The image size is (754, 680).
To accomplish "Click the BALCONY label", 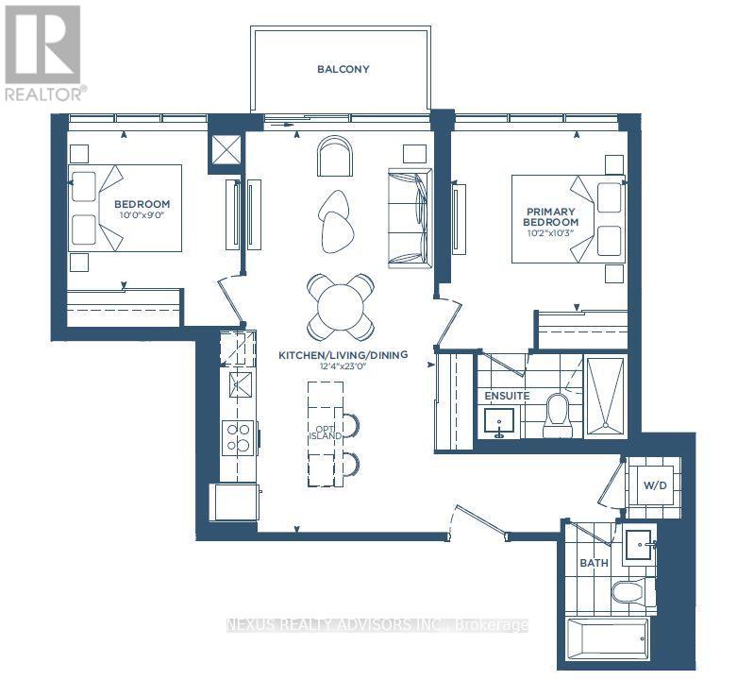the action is [343, 69].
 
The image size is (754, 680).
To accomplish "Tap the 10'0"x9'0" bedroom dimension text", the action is [142, 215].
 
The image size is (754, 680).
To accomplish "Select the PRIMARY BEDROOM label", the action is [550, 217].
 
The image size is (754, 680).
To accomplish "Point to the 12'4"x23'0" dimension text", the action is [343, 366].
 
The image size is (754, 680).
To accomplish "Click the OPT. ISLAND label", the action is [325, 433].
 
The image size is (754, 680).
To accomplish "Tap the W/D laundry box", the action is [655, 485].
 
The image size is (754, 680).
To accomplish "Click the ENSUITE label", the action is [507, 396].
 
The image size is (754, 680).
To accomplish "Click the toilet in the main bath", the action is [629, 592].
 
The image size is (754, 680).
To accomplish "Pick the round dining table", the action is [341, 307].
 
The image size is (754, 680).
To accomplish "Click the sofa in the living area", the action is [410, 218].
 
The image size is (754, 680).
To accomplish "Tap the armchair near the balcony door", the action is [335, 156].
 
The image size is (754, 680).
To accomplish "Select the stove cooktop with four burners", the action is [238, 438].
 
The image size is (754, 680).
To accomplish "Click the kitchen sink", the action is [240, 384].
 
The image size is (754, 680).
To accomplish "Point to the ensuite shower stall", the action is [606, 397].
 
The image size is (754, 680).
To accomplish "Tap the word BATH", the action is [594, 563].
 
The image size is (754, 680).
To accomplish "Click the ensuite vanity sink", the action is [498, 422].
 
